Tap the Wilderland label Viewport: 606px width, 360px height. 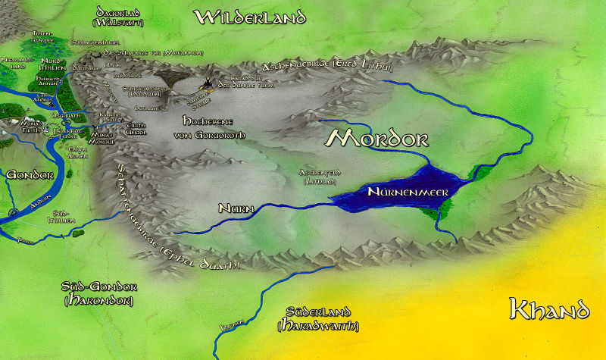pyautogui.click(x=250, y=17)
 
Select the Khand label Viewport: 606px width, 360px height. pyautogui.click(x=549, y=309)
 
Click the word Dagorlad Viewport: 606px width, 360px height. pyautogui.click(x=121, y=11)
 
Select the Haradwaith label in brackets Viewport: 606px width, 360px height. pyautogui.click(x=319, y=326)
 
